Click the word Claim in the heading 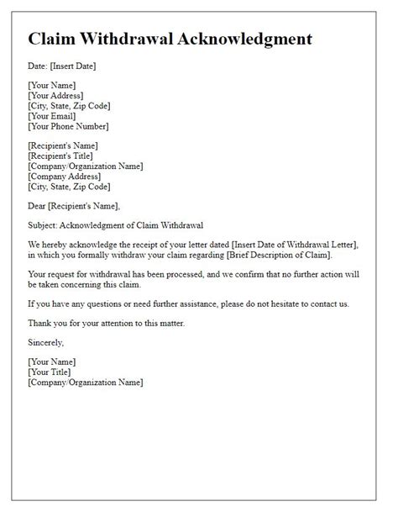(x=53, y=39)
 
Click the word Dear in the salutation (x=39, y=206)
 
